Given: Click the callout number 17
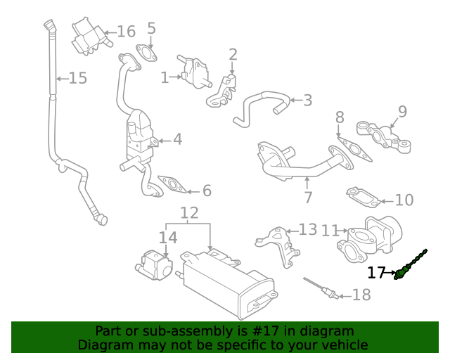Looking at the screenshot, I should pos(376,273).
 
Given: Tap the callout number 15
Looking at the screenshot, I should pos(77,78).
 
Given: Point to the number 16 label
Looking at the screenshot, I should pos(125,32).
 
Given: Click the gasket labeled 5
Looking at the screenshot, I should pos(146,53).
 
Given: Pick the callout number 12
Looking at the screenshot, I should pos(189,213).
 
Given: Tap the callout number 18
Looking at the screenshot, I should pos(360,295).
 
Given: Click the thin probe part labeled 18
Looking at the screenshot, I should pos(320,287).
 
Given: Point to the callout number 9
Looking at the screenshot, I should pos(402,111).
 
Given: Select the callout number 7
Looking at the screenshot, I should pos(307,198).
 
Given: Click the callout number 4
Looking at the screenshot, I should pos(177,139).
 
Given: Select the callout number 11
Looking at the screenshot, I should pos(330,230).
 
